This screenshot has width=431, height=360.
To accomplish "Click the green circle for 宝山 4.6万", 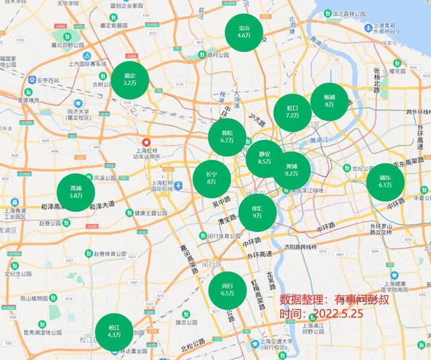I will click(243, 32).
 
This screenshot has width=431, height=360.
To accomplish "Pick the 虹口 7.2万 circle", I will click(293, 111).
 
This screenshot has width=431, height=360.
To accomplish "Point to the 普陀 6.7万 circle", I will click(227, 136).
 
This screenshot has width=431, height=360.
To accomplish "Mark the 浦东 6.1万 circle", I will click(385, 181).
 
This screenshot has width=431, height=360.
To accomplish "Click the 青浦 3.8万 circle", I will click(75, 191).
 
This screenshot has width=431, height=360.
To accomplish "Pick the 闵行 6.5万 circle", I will click(227, 289).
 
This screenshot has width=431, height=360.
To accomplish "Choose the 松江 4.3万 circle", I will click(114, 331).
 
